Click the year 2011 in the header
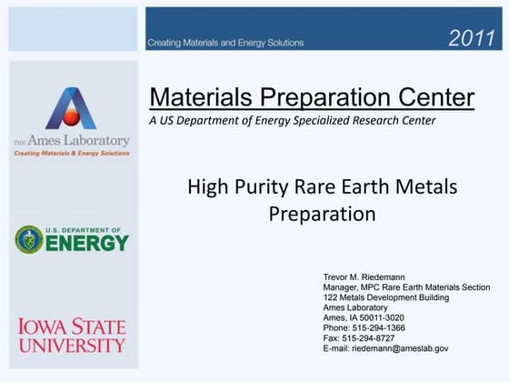coord(473,38)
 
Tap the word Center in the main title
coord(433,97)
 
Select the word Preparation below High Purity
coord(322,215)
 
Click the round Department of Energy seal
coord(29,240)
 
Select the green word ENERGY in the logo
coord(86,244)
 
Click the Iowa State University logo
coord(71,335)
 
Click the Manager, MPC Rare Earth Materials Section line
coord(406,286)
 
